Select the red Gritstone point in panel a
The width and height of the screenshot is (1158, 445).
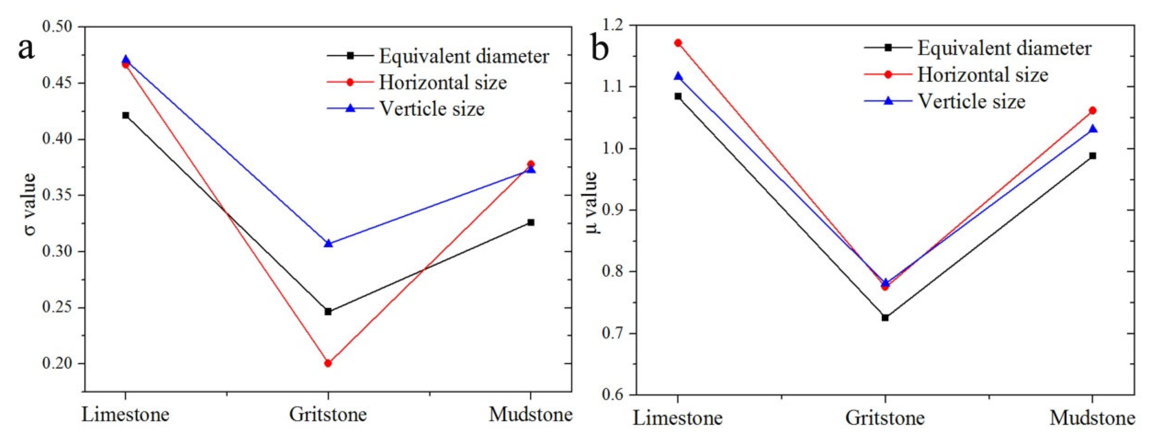pyautogui.click(x=328, y=363)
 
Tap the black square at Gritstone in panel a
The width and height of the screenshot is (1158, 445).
pyautogui.click(x=328, y=311)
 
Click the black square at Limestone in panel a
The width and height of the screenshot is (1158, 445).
pyautogui.click(x=126, y=116)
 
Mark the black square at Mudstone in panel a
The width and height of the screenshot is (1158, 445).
pyautogui.click(x=530, y=222)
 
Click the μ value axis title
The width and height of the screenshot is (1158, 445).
pyautogui.click(x=592, y=202)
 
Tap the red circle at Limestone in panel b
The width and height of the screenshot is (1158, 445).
pyautogui.click(x=678, y=43)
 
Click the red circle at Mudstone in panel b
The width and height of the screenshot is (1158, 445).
pyautogui.click(x=1092, y=111)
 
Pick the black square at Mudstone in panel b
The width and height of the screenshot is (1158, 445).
pyautogui.click(x=1092, y=156)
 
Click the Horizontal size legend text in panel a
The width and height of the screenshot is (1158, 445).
pyautogui.click(x=443, y=83)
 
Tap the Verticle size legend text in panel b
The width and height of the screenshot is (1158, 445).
pyautogui.click(x=971, y=101)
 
